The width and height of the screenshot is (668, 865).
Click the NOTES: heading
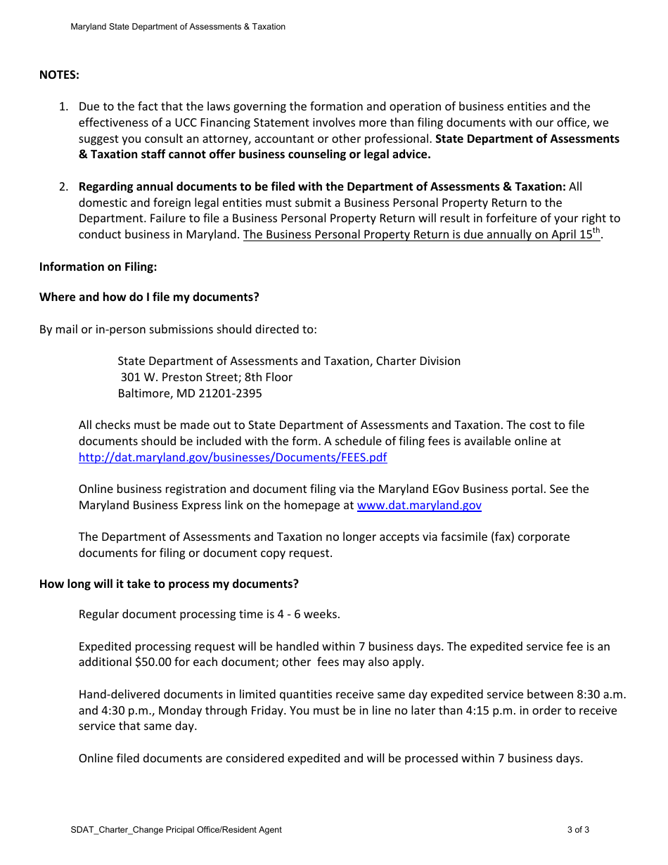(x=59, y=75)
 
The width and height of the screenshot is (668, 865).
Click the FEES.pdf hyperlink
(x=232, y=457)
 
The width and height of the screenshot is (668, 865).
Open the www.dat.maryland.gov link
(x=419, y=505)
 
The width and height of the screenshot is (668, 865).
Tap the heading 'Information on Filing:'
(x=98, y=267)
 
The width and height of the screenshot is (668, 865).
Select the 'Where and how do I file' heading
(x=149, y=297)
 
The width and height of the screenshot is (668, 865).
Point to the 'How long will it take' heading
(x=169, y=584)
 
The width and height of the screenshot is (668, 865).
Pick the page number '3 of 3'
(x=578, y=830)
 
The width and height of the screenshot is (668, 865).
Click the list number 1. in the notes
(x=63, y=107)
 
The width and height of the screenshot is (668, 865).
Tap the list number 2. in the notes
(x=63, y=186)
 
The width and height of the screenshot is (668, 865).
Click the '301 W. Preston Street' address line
(x=206, y=377)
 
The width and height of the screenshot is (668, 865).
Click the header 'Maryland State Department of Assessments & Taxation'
(x=178, y=27)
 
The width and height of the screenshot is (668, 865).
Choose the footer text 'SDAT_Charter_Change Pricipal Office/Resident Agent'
(x=176, y=830)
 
